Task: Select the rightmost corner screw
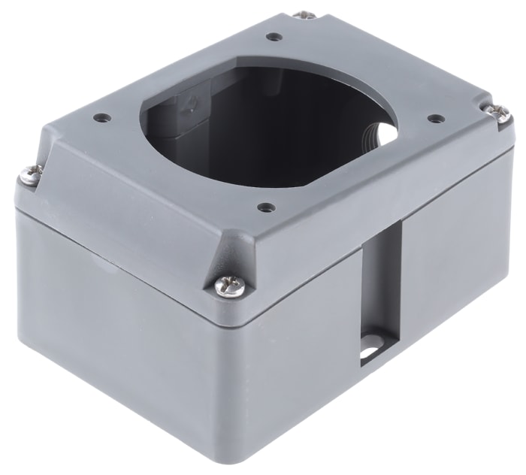[x=497, y=113]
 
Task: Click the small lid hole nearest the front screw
[x=263, y=207]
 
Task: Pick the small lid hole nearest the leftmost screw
[x=100, y=117]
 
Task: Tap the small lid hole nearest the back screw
[x=275, y=35]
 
